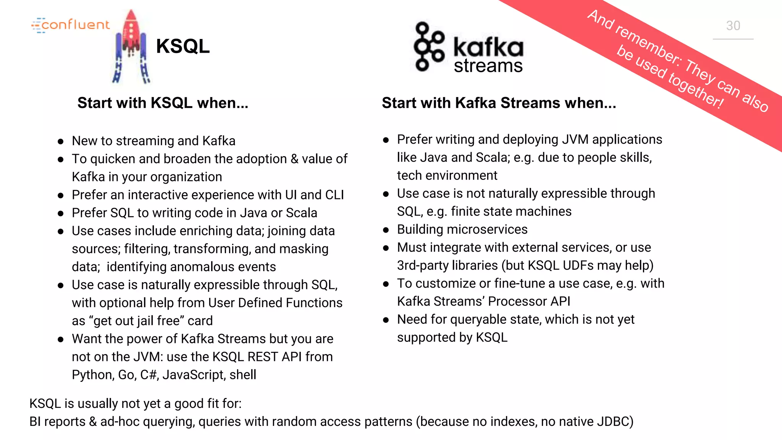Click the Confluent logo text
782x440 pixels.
75,25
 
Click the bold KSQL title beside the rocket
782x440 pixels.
183,46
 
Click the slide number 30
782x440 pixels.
733,26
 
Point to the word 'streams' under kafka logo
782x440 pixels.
488,66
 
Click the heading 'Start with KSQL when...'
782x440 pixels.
163,103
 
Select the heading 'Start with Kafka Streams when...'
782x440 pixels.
499,103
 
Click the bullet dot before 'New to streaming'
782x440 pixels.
60,142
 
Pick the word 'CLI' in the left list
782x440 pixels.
334,195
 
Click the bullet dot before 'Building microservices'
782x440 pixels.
386,230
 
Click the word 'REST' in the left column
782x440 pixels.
262,357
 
